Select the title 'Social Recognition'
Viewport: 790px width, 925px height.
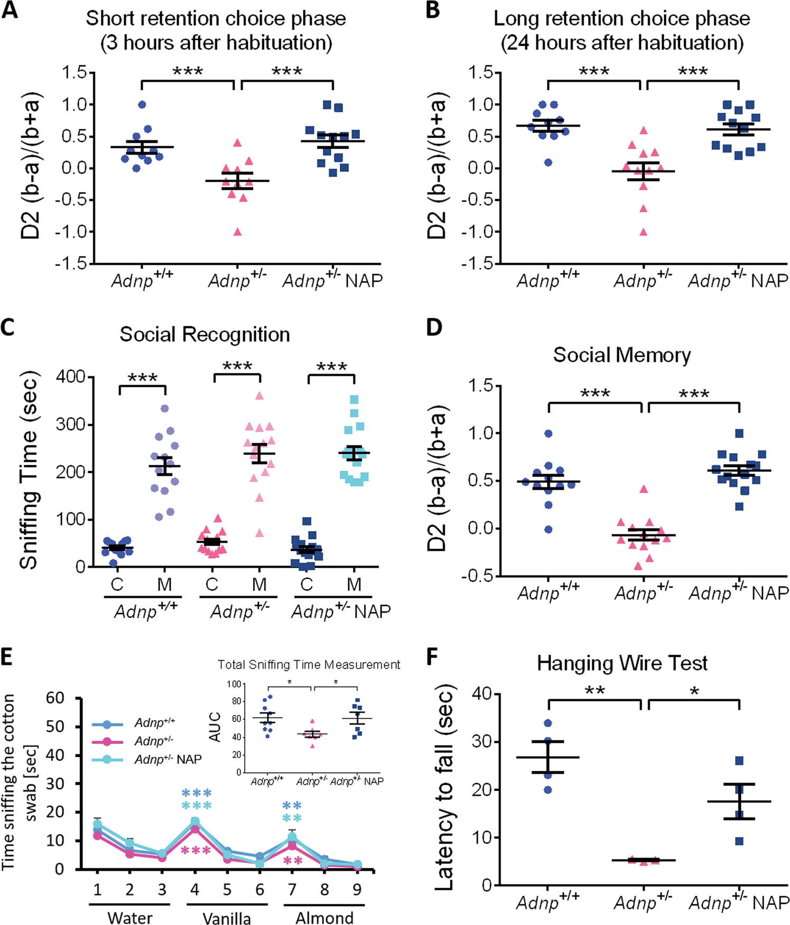(205, 334)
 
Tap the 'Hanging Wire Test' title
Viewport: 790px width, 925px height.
(622, 663)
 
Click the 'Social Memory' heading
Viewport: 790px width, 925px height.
(622, 354)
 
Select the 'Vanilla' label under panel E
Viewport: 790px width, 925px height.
(227, 917)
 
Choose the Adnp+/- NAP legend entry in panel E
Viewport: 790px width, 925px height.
(168, 759)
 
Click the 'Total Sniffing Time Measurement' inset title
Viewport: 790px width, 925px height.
(309, 664)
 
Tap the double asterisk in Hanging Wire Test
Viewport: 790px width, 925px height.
(594, 691)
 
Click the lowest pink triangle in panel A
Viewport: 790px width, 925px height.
(238, 232)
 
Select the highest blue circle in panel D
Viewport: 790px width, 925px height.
(549, 434)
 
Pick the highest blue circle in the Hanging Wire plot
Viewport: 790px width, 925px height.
(548, 723)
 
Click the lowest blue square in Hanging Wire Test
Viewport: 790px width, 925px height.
(739, 841)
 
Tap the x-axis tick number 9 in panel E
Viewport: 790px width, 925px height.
(357, 890)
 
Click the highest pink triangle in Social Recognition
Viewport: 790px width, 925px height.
(259, 396)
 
